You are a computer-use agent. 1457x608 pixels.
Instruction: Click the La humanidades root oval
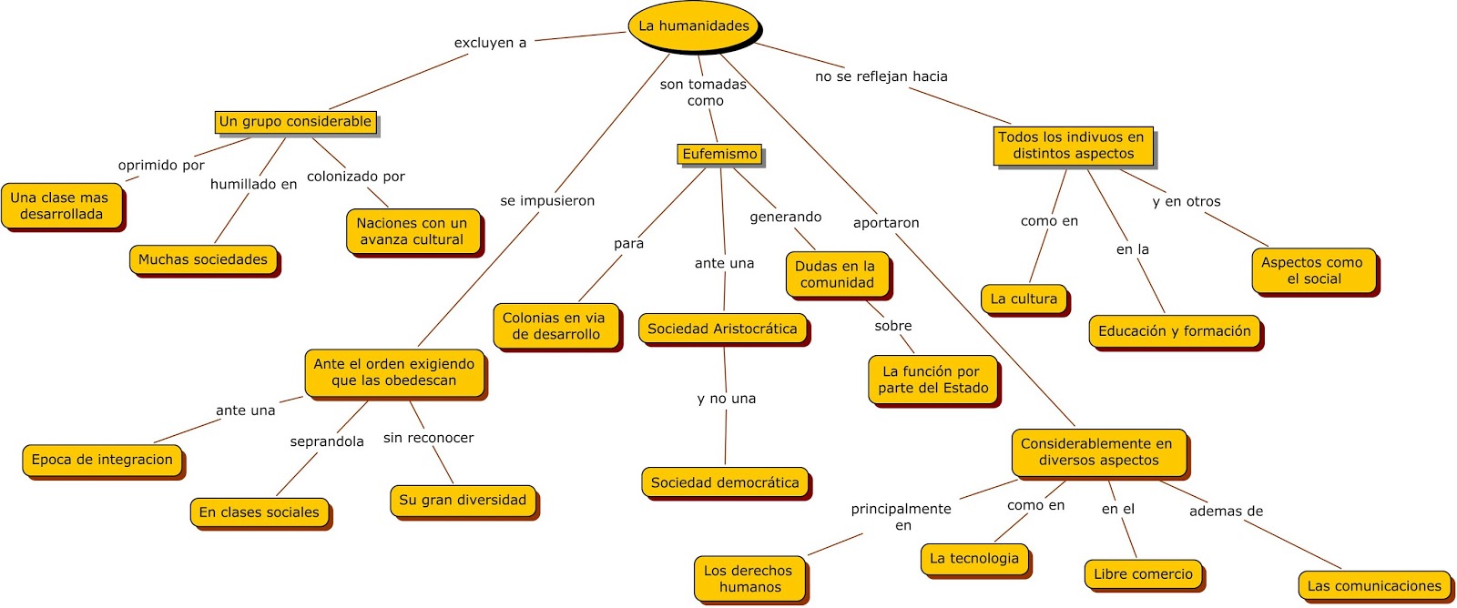click(694, 26)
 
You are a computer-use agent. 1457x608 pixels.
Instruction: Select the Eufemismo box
click(720, 155)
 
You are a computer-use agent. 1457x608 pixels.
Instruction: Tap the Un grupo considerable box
click(296, 122)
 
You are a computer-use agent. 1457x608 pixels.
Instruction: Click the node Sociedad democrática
click(725, 483)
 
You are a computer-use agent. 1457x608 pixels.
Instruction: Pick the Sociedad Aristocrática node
click(722, 329)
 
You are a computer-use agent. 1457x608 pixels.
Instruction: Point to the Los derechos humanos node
click(749, 579)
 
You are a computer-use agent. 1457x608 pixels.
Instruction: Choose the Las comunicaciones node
click(1374, 586)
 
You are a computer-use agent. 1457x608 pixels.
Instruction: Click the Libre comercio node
click(1143, 574)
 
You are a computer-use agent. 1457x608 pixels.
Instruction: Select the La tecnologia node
click(974, 559)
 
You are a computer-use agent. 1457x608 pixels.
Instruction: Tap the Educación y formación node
click(1175, 331)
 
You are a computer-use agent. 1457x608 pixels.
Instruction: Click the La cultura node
click(1024, 299)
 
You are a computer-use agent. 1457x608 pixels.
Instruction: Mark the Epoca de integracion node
click(102, 460)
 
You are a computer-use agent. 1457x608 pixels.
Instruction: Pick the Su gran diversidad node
click(463, 500)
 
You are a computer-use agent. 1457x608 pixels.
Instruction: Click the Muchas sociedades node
click(203, 259)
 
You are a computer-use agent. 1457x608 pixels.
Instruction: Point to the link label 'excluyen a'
click(490, 43)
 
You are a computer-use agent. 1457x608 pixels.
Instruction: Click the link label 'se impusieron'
click(547, 201)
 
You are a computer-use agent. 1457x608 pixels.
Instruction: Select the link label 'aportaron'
click(886, 223)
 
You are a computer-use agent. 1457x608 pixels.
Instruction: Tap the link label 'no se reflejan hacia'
click(881, 76)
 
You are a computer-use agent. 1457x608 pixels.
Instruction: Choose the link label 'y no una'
click(727, 399)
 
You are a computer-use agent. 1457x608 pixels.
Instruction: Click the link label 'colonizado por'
click(356, 177)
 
